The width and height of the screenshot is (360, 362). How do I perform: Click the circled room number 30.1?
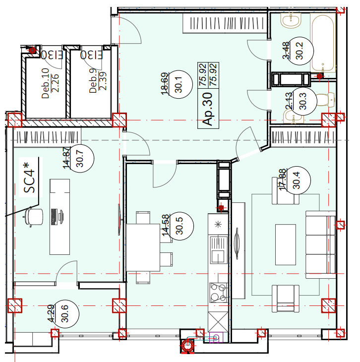click(179, 84)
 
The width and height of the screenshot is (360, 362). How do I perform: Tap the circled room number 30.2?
click(300, 51)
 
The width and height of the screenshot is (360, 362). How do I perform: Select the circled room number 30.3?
click(303, 101)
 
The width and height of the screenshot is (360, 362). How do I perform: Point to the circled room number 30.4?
click(296, 181)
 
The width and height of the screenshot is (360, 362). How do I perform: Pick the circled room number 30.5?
click(179, 226)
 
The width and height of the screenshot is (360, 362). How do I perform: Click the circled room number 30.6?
click(65, 313)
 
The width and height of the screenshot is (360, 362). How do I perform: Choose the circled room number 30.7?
click(80, 158)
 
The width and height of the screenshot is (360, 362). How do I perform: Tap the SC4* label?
click(29, 178)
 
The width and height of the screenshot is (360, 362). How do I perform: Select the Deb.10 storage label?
click(45, 83)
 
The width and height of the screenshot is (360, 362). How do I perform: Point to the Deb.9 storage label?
click(93, 81)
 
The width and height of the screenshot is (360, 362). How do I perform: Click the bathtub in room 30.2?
click(323, 43)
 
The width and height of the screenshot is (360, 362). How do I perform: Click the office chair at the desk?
click(34, 217)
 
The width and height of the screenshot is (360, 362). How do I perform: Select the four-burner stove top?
click(218, 293)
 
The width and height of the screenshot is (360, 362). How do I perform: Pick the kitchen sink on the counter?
click(218, 249)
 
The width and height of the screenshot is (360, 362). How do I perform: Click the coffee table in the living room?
click(286, 244)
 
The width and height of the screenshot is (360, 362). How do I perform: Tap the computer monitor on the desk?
click(61, 217)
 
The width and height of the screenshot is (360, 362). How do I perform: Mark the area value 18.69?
click(165, 84)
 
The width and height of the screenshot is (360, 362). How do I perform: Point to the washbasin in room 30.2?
click(291, 20)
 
